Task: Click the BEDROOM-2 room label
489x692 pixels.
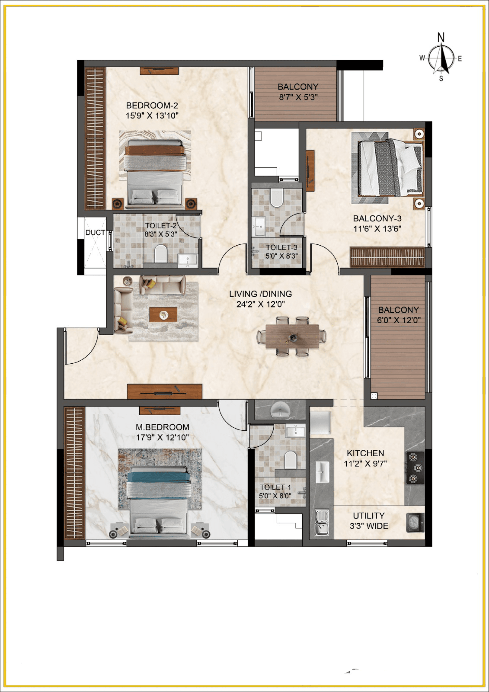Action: tap(152, 105)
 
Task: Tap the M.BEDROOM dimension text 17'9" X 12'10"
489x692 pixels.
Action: tap(162, 437)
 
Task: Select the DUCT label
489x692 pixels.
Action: tap(95, 233)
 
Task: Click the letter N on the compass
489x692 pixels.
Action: tap(441, 37)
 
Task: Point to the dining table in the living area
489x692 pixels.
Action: tap(292, 336)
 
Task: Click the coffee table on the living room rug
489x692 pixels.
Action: tap(163, 315)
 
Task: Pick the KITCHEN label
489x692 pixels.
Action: tap(365, 453)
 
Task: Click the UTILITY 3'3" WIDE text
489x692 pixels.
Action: tap(369, 521)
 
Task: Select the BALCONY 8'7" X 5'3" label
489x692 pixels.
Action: tap(298, 92)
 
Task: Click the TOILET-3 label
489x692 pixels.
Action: tap(281, 247)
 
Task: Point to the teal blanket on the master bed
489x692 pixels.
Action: tap(158, 477)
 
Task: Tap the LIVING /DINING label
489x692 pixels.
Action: tap(260, 294)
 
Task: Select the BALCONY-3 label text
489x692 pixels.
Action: tap(377, 219)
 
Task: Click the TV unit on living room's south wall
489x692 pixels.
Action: tap(165, 392)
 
